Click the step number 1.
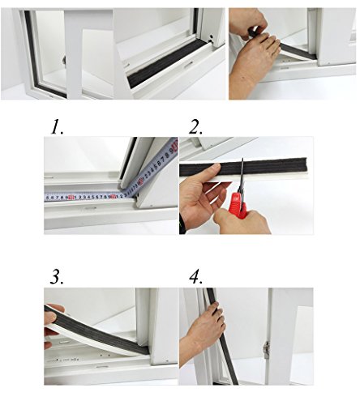[57, 127]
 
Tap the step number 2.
[195, 127]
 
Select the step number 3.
[57, 277]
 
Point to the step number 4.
[195, 277]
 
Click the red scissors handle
[238, 204]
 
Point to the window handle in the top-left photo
[64, 60]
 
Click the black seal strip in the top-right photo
[294, 50]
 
